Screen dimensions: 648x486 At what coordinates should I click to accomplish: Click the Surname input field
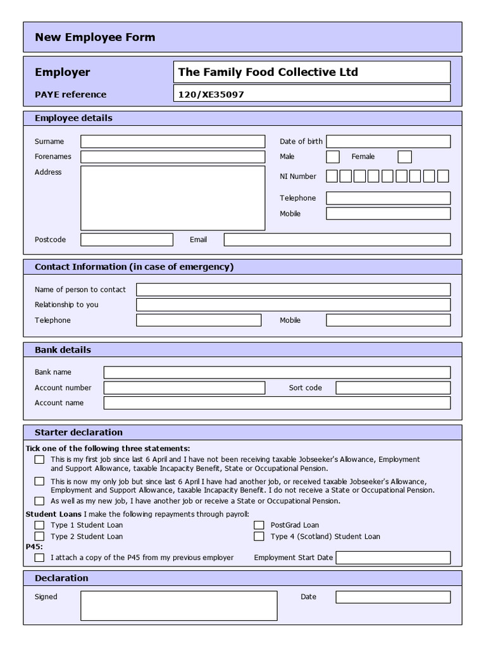[172, 141]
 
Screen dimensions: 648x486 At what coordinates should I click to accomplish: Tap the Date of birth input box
[388, 141]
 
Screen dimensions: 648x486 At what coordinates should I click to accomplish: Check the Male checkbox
[333, 157]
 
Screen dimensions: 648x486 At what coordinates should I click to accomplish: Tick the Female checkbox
[405, 157]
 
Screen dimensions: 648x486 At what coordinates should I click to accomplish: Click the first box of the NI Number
[332, 177]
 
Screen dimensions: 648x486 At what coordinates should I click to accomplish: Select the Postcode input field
[127, 240]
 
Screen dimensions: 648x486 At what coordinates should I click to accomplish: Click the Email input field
[337, 240]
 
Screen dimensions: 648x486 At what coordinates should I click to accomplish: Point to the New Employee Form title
[95, 37]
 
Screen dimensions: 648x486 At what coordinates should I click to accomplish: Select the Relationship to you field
[293, 305]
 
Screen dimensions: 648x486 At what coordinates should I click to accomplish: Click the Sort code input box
[393, 388]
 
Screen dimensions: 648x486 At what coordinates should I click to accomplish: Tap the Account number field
[184, 388]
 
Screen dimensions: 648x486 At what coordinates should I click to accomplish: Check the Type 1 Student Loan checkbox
[39, 525]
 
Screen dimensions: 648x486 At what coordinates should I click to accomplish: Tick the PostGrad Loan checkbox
[259, 525]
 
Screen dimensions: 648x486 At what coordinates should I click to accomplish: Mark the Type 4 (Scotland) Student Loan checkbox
[259, 537]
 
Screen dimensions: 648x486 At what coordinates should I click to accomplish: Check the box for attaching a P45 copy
[39, 558]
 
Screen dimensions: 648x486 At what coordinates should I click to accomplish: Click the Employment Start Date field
[393, 558]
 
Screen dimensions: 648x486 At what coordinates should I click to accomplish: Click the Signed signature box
[178, 606]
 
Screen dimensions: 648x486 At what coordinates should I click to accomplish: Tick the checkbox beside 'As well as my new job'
[39, 501]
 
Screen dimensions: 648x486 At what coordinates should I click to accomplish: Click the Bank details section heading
[63, 350]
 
